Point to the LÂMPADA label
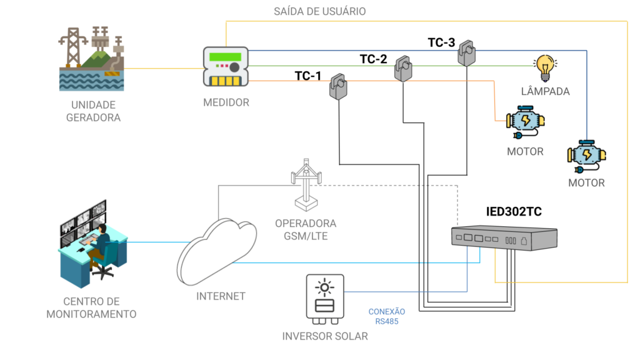coord(545,91)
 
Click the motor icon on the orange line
coord(526,123)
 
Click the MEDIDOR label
coord(226,102)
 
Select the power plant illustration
coord(92,59)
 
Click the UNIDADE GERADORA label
coord(92,110)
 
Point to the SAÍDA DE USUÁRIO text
coord(320,11)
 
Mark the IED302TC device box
coord(504,238)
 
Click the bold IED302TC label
coord(514,211)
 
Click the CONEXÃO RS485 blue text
coord(387,316)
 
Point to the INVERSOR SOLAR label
coord(325,336)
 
